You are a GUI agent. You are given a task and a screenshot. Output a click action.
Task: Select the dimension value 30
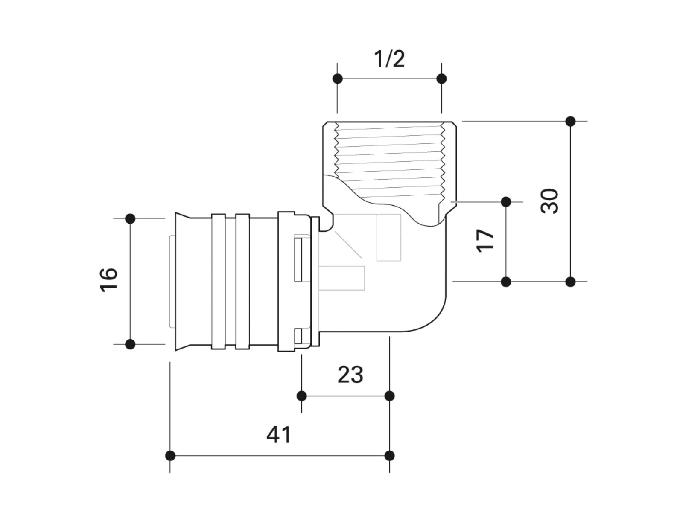549,201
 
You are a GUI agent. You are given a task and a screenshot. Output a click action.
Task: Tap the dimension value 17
485,241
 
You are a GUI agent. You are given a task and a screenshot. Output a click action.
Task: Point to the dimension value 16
108,280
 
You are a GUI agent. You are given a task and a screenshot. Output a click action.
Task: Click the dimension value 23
350,375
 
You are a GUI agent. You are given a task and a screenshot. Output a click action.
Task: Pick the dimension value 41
279,435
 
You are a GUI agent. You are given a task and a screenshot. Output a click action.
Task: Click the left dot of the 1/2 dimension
337,79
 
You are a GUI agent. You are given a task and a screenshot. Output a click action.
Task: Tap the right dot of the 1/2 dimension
441,79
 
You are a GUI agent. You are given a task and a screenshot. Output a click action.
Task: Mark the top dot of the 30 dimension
570,121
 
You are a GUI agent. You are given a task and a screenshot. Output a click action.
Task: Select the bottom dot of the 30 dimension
570,282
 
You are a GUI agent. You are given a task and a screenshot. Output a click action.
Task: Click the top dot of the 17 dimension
506,202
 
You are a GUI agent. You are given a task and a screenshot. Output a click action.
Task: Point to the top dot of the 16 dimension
130,218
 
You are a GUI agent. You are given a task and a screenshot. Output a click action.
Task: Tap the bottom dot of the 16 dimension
130,344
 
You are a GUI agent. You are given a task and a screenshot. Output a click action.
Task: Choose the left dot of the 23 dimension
301,396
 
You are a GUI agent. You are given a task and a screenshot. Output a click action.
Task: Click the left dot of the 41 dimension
170,456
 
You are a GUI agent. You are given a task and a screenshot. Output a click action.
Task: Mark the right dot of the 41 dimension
390,456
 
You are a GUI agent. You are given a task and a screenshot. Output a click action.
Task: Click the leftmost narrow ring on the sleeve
219,282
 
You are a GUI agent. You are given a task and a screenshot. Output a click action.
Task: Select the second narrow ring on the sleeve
242,282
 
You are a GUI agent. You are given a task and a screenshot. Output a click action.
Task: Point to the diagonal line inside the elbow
348,244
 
